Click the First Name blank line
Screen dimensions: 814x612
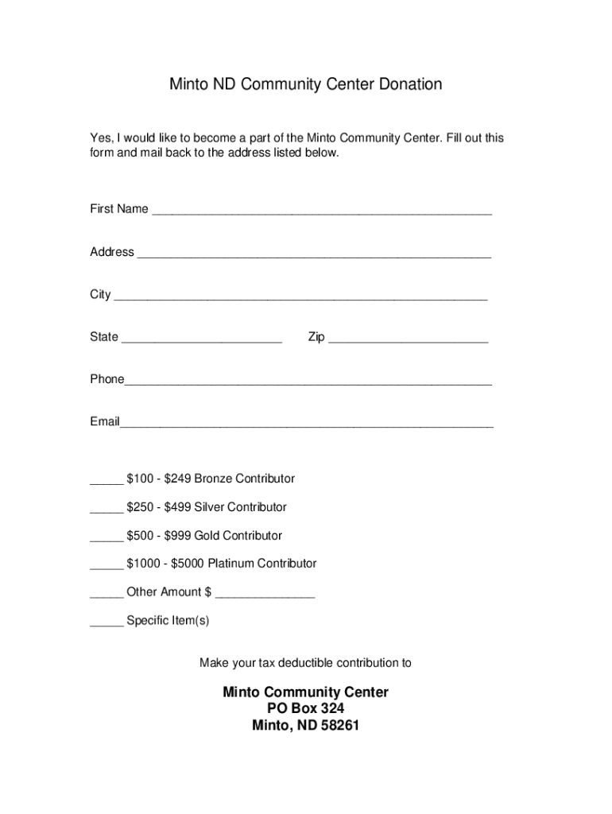(321, 212)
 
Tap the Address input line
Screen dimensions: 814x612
(313, 255)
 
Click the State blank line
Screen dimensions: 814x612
(202, 340)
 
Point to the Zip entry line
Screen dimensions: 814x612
(408, 340)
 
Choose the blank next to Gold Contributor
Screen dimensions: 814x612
(106, 539)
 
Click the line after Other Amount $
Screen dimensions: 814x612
(265, 595)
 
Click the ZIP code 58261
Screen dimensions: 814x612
(339, 725)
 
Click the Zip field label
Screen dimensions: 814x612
(316, 337)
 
